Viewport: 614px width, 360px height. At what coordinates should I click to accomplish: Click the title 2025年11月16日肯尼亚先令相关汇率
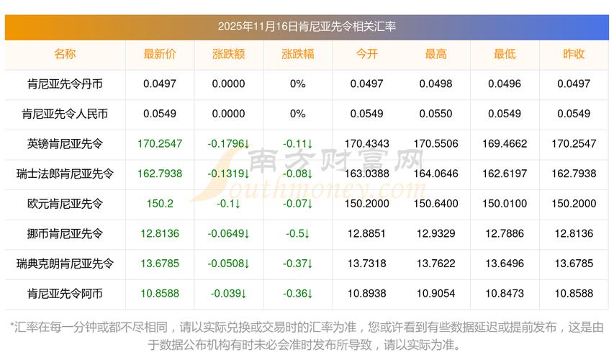(307, 27)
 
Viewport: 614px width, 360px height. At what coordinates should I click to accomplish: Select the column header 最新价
(159, 54)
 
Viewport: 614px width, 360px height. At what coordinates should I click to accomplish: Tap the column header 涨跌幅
(297, 54)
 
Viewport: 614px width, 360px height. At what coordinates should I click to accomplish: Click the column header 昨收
(574, 54)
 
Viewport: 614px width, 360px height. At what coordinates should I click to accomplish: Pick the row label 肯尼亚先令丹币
(65, 84)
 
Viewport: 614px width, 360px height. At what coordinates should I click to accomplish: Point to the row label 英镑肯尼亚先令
(65, 144)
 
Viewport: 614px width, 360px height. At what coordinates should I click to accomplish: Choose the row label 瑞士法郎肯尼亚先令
(65, 174)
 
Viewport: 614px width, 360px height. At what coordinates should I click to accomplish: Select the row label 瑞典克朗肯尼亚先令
(65, 264)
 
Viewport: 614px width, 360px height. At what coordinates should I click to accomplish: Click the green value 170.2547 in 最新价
(159, 144)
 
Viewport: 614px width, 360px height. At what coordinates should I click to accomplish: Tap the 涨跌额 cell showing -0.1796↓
(228, 144)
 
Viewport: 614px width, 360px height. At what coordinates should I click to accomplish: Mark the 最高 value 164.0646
(435, 174)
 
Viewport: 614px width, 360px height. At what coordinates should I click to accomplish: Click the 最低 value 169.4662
(505, 144)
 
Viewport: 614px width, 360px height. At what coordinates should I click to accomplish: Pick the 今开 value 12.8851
(366, 233)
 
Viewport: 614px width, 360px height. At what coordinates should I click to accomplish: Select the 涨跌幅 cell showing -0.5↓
(297, 233)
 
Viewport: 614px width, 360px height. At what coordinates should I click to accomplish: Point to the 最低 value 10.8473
(505, 294)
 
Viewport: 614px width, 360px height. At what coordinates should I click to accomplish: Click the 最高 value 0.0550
(435, 114)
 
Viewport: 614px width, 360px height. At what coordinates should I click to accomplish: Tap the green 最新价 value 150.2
(159, 204)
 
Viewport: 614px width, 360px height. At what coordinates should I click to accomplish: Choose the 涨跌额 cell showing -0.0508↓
(228, 264)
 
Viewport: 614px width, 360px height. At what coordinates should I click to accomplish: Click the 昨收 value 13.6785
(574, 264)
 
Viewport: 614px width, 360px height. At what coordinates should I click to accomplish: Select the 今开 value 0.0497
(366, 84)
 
